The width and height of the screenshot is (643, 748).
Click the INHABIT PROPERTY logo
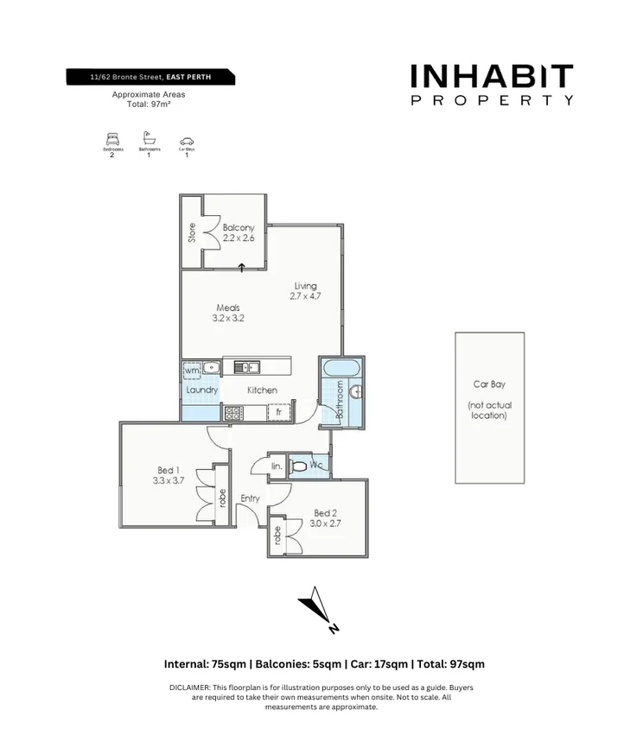492,85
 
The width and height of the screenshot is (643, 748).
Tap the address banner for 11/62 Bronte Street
151,78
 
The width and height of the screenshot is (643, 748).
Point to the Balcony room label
238,233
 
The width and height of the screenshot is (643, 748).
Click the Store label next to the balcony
192,232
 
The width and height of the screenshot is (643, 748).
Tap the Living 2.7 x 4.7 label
305,291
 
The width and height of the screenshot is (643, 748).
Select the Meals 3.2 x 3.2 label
229,313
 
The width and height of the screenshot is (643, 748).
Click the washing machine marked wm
192,371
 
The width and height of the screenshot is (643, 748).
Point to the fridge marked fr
279,412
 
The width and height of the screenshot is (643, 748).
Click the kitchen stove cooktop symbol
233,413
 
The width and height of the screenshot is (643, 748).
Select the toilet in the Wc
299,466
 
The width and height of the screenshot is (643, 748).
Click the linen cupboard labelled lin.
277,466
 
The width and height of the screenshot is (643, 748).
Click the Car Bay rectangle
490,408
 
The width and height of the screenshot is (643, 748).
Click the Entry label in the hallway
250,498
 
